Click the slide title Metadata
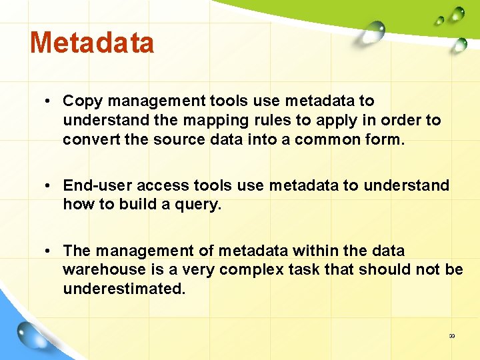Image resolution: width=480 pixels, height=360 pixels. click(92, 43)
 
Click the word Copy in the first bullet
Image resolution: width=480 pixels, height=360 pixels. click(83, 101)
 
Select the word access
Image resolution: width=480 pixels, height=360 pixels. click(164, 185)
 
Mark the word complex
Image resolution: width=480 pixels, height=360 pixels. click(248, 269)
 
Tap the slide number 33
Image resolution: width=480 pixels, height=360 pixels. click(451, 336)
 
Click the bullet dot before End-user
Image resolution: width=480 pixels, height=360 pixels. click(49, 185)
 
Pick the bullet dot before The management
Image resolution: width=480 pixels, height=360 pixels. click(49, 251)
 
